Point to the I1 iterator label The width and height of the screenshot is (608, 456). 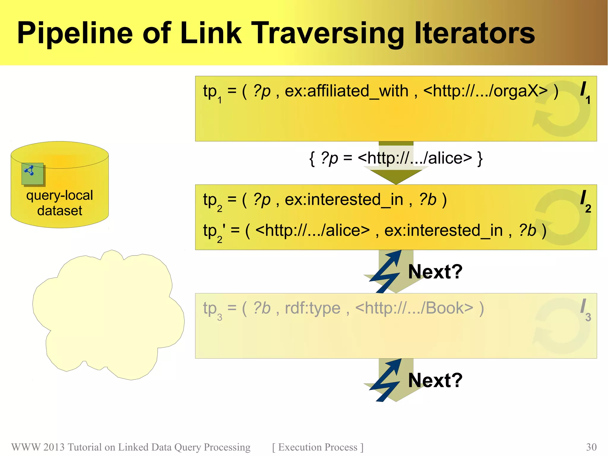585,92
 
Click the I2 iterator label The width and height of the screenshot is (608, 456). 585,201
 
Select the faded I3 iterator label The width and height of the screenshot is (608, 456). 585,310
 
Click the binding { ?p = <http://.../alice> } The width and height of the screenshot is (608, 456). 396,158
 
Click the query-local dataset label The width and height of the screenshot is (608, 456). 60,203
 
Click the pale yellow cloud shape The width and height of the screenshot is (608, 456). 108,315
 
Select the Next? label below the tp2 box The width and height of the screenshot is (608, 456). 435,272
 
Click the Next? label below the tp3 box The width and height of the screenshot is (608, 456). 435,380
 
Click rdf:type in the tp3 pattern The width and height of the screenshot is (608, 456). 312,308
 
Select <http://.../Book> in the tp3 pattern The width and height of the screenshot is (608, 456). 414,308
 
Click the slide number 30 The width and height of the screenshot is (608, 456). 591,447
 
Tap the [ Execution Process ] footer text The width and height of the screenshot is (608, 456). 318,447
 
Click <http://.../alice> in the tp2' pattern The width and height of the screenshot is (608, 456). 312,230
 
